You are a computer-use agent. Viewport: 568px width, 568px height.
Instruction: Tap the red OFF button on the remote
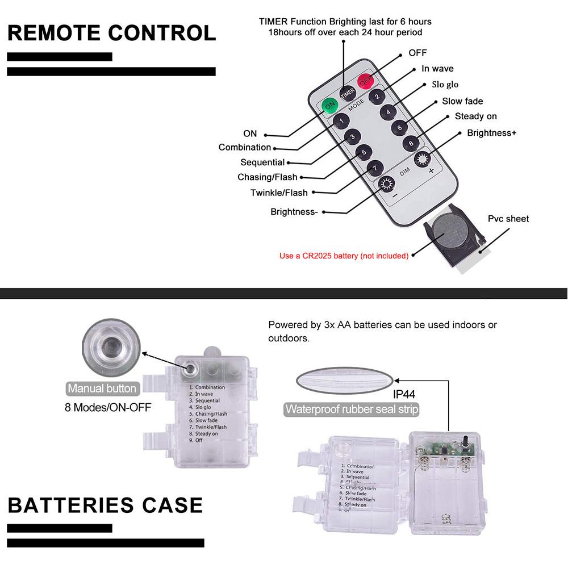pos(365,80)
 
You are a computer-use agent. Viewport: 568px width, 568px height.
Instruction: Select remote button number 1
pos(341,120)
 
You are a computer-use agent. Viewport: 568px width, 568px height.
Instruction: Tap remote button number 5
pos(364,152)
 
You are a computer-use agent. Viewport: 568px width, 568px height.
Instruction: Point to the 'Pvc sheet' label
pos(508,219)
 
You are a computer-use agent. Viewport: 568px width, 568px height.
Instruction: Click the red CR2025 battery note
pos(344,256)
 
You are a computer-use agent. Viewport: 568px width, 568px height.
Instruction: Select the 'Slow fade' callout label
pos(462,101)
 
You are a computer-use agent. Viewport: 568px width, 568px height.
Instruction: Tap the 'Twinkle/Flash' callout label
pos(279,193)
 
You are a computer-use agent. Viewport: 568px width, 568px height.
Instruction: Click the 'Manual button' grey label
pos(102,389)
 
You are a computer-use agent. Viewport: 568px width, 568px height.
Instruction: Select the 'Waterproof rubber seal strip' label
pos(352,409)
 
